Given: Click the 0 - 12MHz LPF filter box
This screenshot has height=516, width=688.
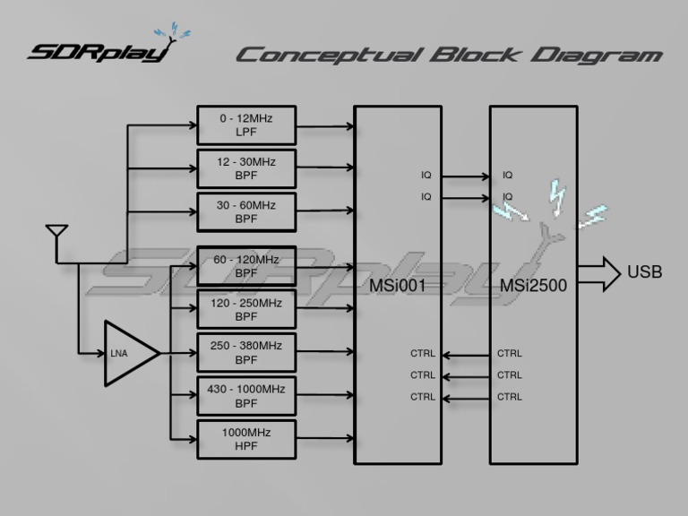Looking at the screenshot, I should coord(246,125).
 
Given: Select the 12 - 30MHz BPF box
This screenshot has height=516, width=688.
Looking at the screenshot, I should coord(246,168).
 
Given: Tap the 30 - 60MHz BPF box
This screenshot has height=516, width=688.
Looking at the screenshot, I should coord(246,211).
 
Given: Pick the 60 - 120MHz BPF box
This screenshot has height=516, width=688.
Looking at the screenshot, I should coord(246,266).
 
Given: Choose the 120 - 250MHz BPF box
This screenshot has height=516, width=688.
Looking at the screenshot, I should coord(246,310).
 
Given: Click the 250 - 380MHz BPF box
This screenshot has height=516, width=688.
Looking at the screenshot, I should coord(246,353).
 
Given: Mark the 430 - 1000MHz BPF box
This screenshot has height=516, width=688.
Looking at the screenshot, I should coord(246,395).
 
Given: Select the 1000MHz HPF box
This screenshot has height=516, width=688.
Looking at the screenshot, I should coord(246,439).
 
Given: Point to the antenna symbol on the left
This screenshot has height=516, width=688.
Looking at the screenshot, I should coord(56,235).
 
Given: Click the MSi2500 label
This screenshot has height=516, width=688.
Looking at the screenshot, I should coord(534,286).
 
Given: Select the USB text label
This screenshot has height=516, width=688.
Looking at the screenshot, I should coord(645,271).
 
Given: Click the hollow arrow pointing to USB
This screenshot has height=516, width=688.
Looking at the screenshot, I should coord(599,273).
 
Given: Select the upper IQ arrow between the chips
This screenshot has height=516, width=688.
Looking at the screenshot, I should coord(466,176).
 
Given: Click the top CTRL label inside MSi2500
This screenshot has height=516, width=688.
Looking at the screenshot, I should coord(510,354).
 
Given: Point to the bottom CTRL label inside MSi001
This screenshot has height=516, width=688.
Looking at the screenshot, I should coord(423,397).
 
